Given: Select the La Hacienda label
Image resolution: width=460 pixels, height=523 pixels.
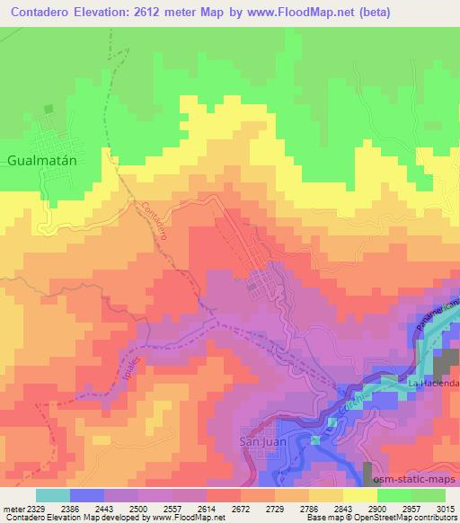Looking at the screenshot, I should (434, 384).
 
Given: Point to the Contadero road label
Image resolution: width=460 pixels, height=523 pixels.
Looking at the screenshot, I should (155, 218).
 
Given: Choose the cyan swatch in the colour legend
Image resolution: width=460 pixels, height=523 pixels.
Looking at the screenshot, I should (53, 495).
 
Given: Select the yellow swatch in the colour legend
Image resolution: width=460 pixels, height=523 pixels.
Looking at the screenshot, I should (359, 495).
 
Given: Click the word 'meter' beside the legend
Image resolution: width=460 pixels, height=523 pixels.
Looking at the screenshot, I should (11, 508).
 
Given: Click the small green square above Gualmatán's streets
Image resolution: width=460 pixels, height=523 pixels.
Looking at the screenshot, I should (49, 109).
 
